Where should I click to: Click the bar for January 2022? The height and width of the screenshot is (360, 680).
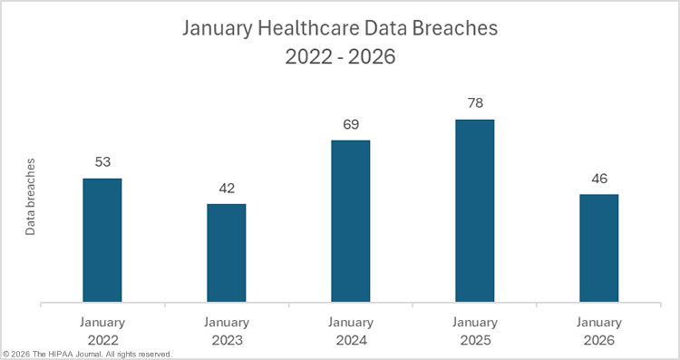[102, 239]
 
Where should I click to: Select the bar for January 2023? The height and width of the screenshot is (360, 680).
[226, 252]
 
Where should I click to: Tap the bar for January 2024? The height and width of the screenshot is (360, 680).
[350, 220]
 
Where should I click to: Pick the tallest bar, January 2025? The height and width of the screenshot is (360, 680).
[474, 210]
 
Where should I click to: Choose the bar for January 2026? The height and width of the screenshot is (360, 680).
[598, 248]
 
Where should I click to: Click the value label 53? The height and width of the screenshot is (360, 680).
[102, 162]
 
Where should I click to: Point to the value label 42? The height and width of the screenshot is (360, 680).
[226, 188]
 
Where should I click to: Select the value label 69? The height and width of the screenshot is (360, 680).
[350, 124]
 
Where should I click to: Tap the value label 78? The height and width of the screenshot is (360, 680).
[474, 103]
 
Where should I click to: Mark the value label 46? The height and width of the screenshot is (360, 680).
[598, 179]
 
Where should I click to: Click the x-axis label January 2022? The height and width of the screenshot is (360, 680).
[102, 331]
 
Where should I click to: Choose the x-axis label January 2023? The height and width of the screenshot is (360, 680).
[226, 331]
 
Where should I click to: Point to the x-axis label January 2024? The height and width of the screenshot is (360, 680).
[350, 331]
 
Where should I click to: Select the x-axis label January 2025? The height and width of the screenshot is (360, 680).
[474, 331]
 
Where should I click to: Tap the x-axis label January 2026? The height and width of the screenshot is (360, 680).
[598, 331]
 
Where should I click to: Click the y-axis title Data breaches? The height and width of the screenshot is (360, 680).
[30, 197]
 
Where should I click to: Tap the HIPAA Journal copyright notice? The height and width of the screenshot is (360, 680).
[87, 354]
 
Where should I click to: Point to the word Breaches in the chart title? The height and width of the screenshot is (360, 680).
[453, 29]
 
